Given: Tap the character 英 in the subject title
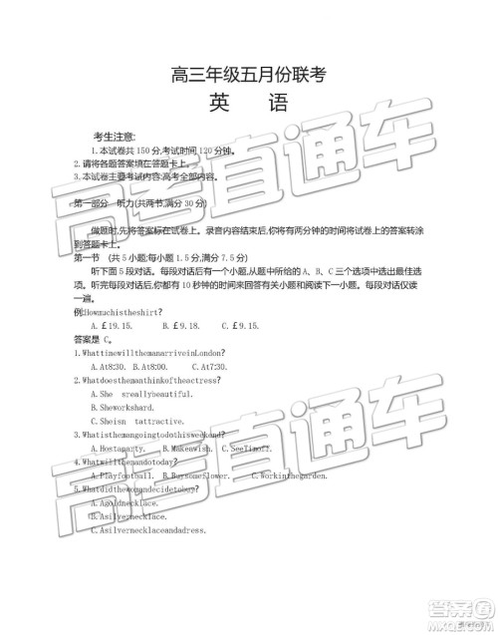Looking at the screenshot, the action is pos(220,103).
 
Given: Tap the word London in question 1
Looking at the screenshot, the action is pos(206,353).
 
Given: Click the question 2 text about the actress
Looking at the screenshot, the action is pos(144,381).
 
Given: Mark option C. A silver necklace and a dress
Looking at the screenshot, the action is pos(146,530).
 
